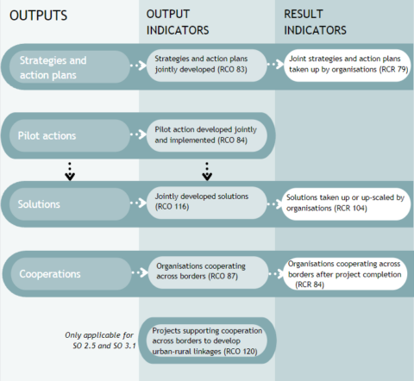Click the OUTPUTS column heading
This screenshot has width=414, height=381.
pos(39,16)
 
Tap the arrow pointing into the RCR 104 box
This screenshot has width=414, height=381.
pos(272,203)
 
